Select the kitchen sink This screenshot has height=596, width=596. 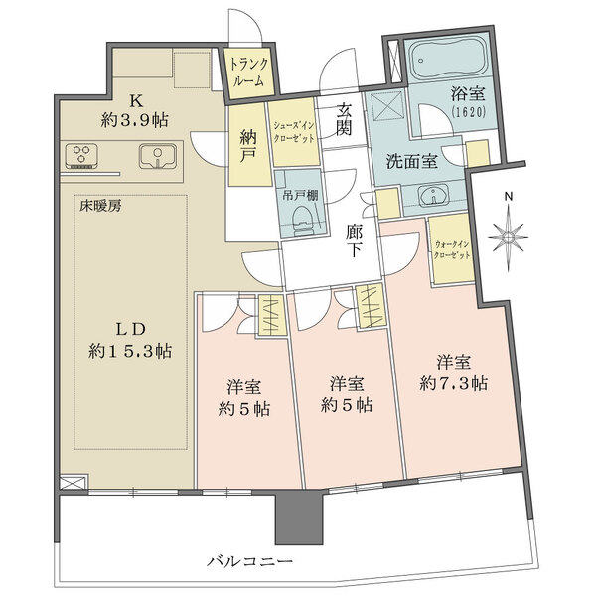158,156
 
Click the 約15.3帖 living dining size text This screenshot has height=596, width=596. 129,351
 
